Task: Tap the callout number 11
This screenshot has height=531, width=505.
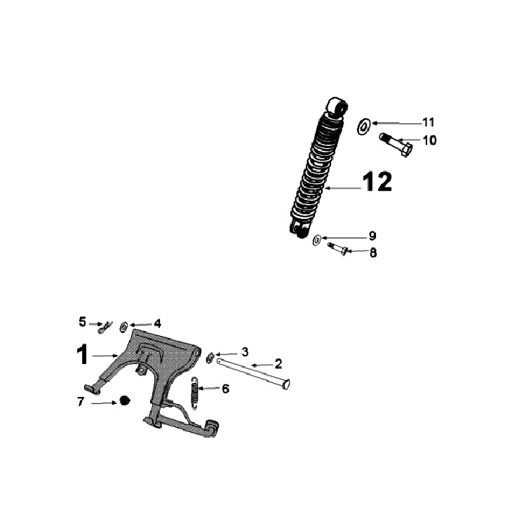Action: pos(428,122)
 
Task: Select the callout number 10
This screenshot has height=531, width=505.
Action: pos(429,140)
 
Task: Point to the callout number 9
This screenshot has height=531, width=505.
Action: pos(372,236)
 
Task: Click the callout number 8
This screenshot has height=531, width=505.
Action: pos(372,252)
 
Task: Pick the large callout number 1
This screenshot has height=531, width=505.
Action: pos(83,354)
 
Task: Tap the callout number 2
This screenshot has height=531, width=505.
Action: pos(278,363)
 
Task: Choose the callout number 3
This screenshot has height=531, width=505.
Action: pos(245,351)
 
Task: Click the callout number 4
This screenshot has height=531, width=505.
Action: pos(157,323)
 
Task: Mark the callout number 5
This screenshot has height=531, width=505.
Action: pos(83,322)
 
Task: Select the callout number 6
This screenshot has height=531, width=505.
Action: pos(225,388)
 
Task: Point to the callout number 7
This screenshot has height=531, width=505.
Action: pos(81,403)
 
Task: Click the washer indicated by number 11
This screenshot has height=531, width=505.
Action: pos(363,127)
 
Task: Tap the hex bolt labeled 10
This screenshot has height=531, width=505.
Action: pos(396,143)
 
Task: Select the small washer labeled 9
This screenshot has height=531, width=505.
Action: pos(316,241)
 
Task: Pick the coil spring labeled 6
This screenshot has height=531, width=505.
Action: pos(196,390)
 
